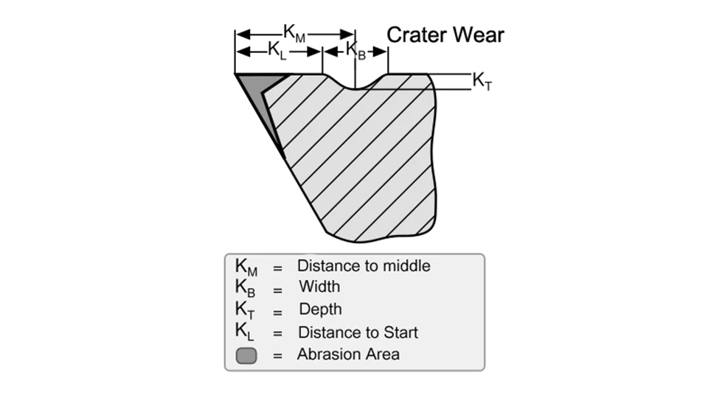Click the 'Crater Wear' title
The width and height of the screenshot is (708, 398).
click(445, 35)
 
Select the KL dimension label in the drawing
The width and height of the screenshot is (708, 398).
click(277, 51)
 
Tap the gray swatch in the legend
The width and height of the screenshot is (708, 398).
click(246, 356)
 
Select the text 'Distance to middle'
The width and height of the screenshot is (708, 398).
click(364, 265)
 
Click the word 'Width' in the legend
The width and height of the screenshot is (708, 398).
click(319, 287)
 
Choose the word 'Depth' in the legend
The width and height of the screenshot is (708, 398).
click(320, 310)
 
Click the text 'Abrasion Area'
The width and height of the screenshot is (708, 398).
click(348, 355)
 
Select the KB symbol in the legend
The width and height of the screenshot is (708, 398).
click(246, 288)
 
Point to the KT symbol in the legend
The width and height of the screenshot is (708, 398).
click(246, 310)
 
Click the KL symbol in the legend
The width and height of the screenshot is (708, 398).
click(245, 332)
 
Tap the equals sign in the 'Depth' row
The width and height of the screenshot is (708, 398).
click(278, 312)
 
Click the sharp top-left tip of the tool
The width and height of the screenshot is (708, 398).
click(236, 74)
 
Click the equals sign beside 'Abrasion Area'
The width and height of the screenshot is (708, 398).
click(278, 356)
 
